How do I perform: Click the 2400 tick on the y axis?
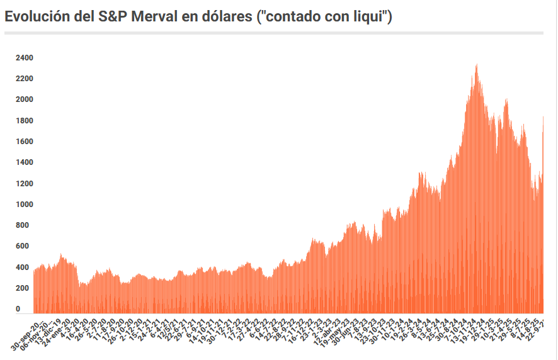(25, 58)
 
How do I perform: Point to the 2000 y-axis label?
(25, 99)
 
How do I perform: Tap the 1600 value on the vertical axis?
(25, 142)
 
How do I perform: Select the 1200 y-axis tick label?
(25, 184)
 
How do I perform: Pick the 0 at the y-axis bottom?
(18, 309)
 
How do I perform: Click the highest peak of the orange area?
(476, 65)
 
